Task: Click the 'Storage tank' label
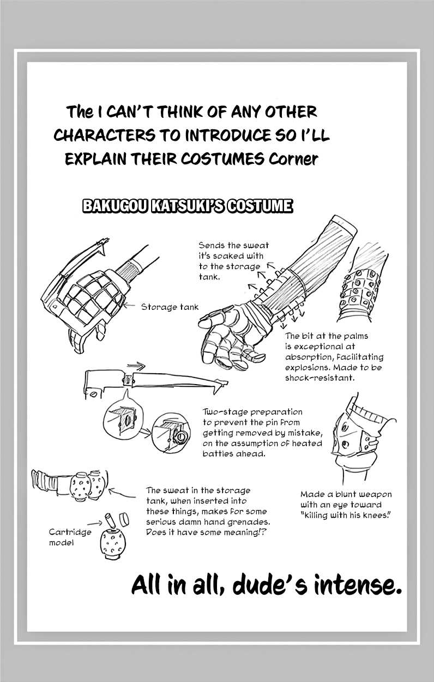170,307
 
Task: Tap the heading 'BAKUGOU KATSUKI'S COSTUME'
188,206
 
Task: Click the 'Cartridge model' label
70,537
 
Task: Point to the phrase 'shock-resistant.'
320,378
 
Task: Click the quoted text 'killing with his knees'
346,516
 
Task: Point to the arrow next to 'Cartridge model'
95,523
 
